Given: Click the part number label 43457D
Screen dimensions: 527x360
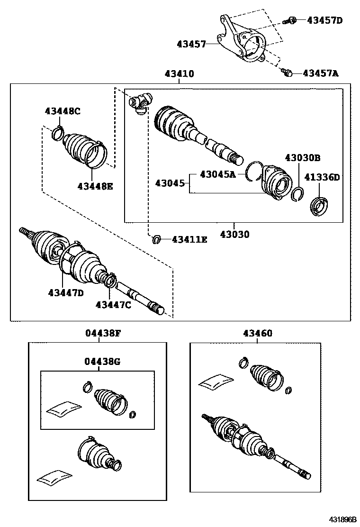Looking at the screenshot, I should [324, 20].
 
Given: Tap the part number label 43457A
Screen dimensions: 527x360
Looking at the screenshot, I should [321, 73].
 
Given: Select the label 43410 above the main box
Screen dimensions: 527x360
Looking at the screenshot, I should [179, 74].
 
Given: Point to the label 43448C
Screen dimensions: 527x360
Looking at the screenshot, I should [63, 111].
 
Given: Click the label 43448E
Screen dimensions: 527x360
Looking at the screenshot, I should [95, 186].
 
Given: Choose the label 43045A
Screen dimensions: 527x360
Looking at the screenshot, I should [217, 174].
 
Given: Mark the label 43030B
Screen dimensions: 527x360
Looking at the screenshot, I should [303, 157].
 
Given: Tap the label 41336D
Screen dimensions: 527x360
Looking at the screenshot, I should [322, 177].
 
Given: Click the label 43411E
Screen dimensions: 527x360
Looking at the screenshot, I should [189, 240].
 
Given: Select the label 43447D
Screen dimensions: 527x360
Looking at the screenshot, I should [65, 292].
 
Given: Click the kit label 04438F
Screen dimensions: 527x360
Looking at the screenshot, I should [103, 333].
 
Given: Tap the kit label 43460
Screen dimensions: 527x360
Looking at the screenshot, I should [258, 333].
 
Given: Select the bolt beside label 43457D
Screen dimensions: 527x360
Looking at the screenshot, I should [291, 20].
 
